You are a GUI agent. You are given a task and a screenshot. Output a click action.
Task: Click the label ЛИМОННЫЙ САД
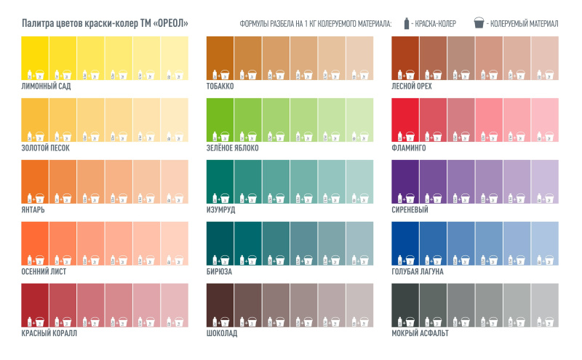click(x=46, y=86)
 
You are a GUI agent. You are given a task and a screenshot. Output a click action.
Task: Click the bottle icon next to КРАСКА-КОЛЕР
click(x=404, y=23)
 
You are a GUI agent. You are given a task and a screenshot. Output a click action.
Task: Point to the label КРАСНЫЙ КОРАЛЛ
click(x=49, y=333)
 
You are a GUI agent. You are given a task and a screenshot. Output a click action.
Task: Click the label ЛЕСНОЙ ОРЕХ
click(x=412, y=86)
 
